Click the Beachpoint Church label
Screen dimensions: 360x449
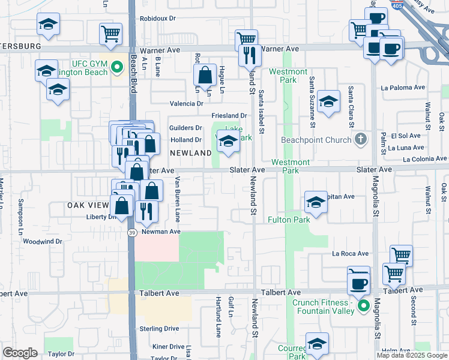point(316,140)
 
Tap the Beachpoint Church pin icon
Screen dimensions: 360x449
point(360,139)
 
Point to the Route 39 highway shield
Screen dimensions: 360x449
point(131,232)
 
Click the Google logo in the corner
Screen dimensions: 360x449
point(20,353)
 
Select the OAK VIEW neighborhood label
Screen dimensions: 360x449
point(88,205)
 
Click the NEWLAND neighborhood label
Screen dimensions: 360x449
point(190,153)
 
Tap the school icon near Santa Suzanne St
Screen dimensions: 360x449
point(329,102)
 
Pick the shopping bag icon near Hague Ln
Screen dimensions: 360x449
point(205,76)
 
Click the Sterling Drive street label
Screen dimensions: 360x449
point(159,329)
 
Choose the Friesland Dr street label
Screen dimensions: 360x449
point(229,116)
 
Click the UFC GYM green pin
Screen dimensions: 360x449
point(118,73)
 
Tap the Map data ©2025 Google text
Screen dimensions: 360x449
point(411,355)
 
